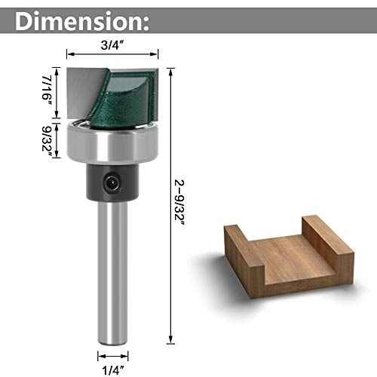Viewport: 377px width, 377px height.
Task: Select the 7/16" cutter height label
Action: [47, 90]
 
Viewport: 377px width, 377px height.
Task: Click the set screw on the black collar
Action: [112, 179]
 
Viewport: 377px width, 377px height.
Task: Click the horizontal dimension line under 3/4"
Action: [113, 54]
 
